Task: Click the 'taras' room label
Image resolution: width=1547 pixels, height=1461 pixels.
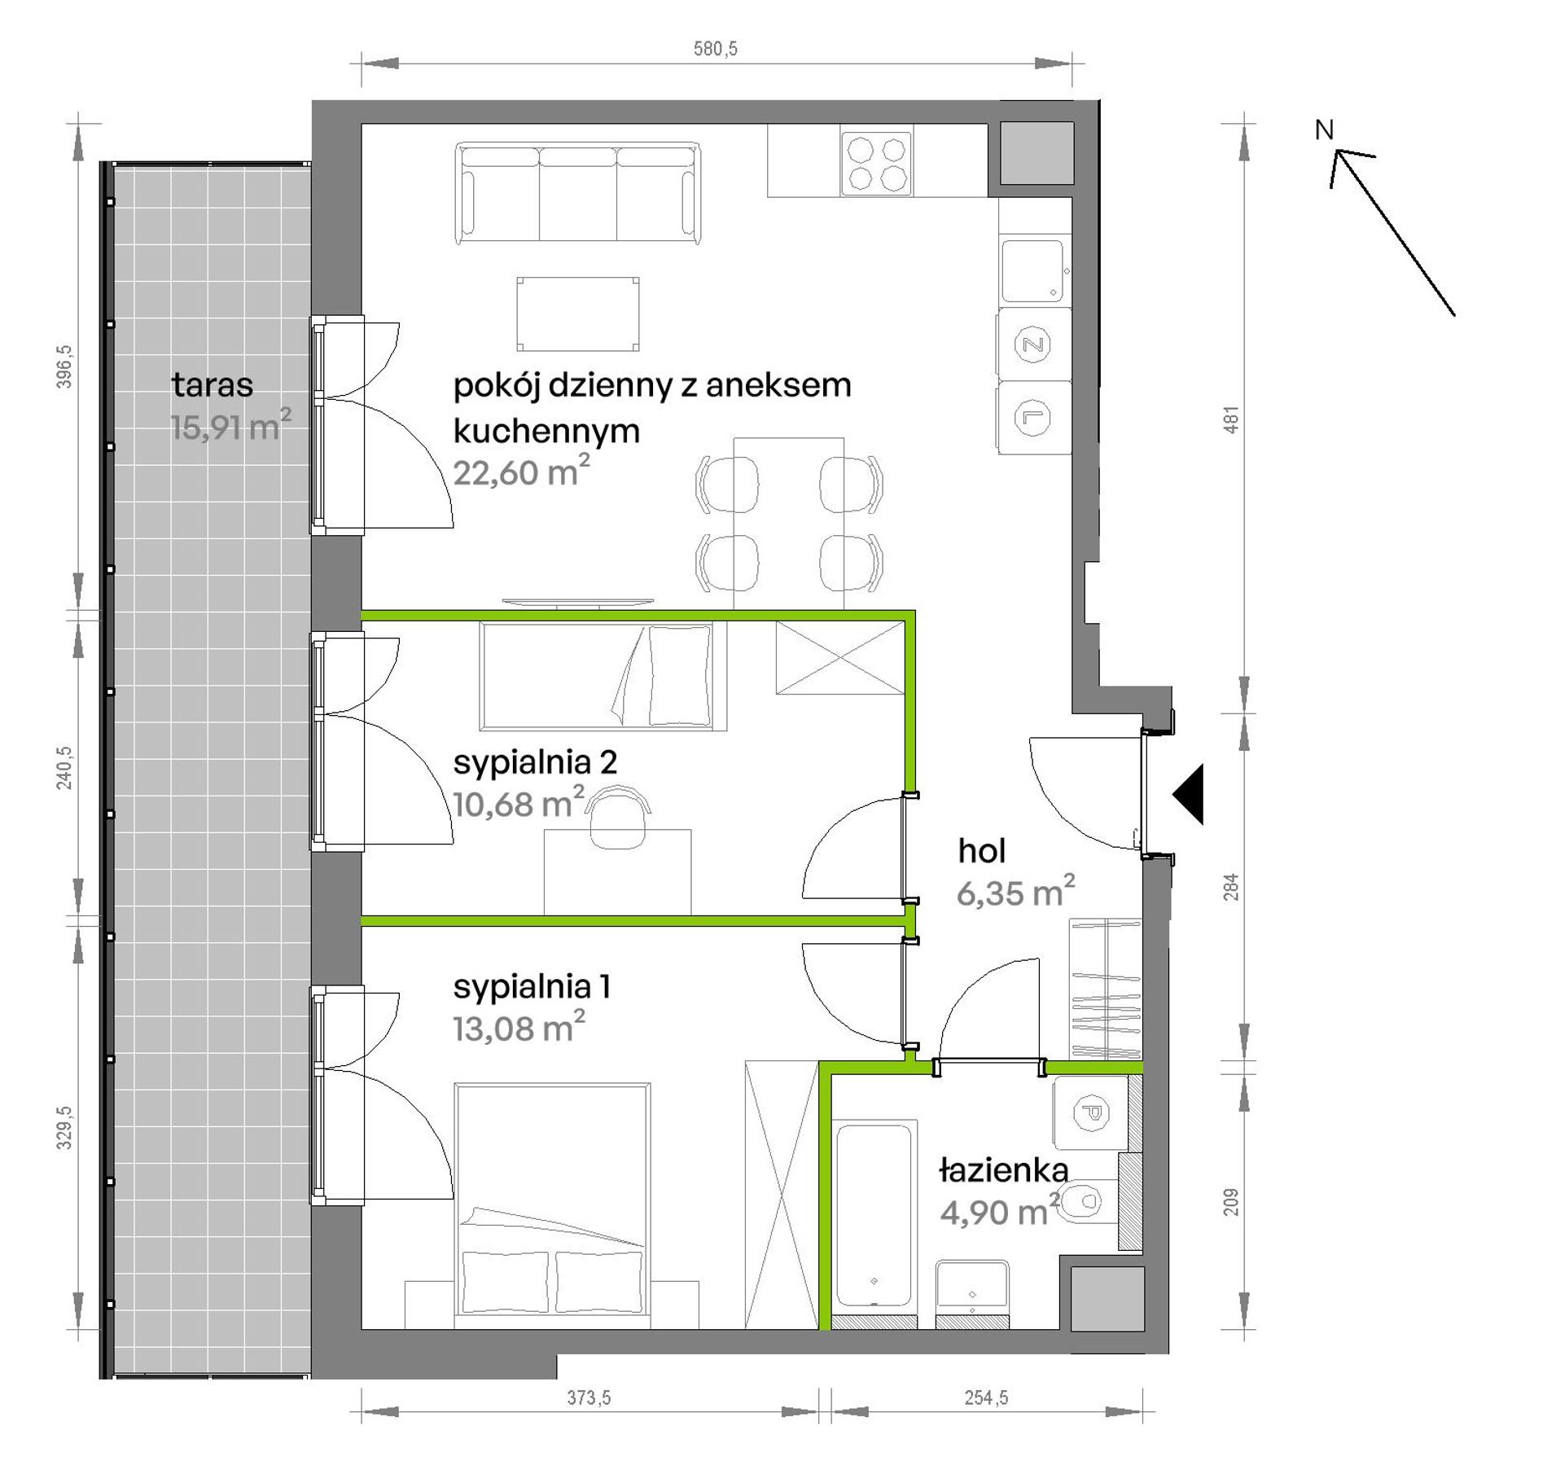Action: (213, 384)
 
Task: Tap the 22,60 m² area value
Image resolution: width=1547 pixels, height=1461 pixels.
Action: (521, 472)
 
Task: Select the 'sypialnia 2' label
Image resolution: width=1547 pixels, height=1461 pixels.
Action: (535, 762)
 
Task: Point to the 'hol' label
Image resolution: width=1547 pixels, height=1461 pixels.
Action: (981, 851)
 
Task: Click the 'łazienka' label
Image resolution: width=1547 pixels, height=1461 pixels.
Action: (1003, 1170)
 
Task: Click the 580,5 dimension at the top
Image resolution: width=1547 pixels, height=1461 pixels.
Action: (716, 49)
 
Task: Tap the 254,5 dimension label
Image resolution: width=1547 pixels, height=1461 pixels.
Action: (986, 1397)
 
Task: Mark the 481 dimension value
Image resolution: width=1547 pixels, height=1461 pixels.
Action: (1231, 419)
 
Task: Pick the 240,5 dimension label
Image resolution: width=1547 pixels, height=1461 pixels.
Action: (64, 768)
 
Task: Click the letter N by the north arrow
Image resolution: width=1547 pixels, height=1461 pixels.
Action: (1325, 129)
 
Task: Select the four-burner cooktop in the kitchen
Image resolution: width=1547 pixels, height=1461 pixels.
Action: (876, 163)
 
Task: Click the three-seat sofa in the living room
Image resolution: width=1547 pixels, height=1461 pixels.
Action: (577, 193)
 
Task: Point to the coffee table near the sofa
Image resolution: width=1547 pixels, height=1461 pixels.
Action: (577, 314)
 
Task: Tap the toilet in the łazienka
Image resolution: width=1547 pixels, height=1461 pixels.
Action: (1088, 1200)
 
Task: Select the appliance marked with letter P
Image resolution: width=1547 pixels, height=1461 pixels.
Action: (1090, 1112)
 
